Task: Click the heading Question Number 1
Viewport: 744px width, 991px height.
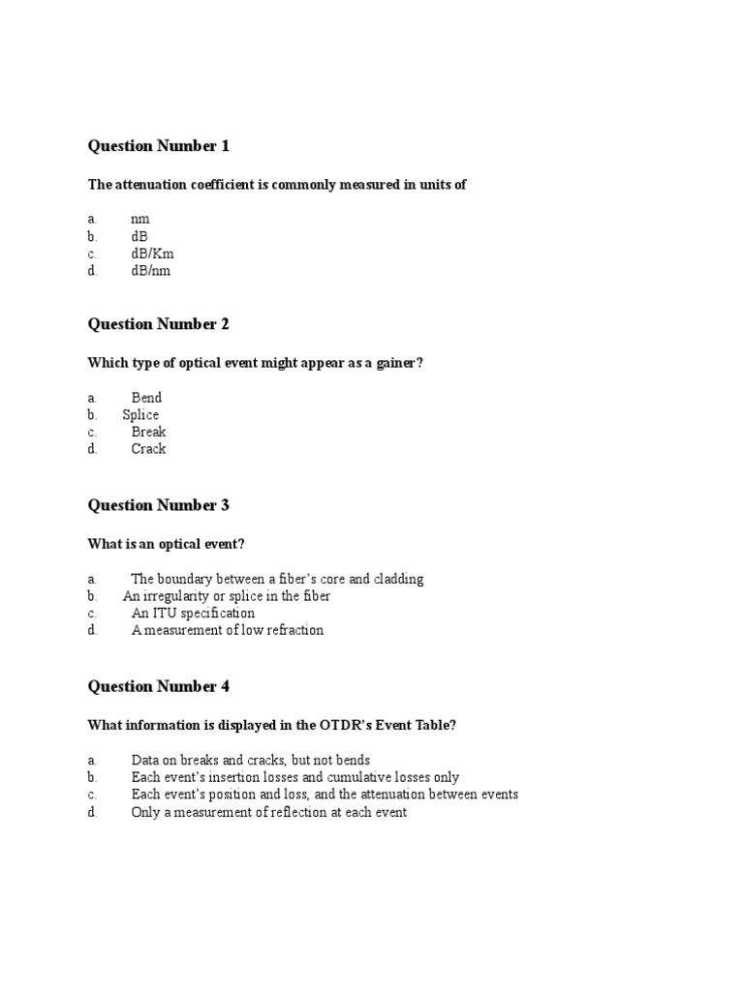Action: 159,146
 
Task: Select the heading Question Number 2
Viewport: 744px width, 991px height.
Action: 159,324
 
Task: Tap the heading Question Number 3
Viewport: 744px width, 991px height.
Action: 159,505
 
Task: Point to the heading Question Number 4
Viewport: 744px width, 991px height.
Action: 159,686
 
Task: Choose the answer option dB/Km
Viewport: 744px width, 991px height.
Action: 153,254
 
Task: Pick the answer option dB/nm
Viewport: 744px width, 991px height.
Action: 151,271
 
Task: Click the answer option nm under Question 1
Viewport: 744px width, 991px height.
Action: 140,220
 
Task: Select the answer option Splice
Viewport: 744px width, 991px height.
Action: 140,415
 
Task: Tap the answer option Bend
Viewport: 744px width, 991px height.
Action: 146,398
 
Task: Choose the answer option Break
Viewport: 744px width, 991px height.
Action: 148,433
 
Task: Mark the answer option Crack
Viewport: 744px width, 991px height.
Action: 148,449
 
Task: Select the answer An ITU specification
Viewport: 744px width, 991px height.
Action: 193,614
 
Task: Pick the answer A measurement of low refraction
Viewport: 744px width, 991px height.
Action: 227,631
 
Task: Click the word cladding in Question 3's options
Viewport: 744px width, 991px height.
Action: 398,580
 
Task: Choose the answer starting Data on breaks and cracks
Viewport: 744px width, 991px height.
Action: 250,761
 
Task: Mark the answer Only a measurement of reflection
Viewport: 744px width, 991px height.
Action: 268,813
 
